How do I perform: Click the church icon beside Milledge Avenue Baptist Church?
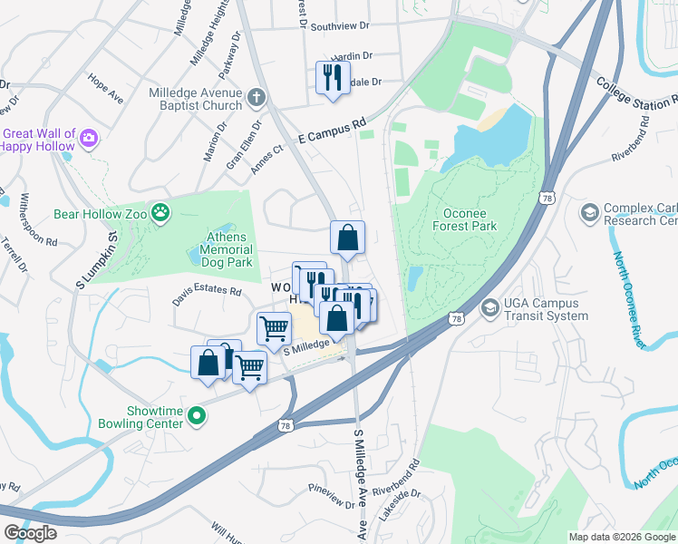pyautogui.click(x=257, y=97)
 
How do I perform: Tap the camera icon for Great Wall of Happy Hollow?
pyautogui.click(x=89, y=138)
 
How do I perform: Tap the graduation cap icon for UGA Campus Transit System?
pyautogui.click(x=489, y=308)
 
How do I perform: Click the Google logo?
pyautogui.click(x=30, y=533)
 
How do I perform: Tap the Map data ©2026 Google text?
pyautogui.click(x=621, y=537)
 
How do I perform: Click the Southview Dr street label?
pyautogui.click(x=340, y=27)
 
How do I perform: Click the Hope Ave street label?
pyautogui.click(x=106, y=92)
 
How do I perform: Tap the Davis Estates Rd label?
pyautogui.click(x=208, y=292)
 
